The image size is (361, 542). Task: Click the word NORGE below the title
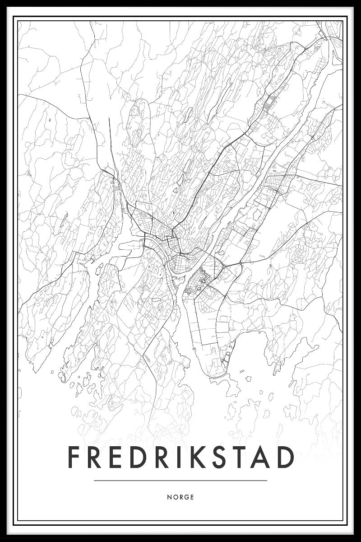pos(180,497)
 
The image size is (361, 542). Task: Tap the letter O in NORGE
pos(175,497)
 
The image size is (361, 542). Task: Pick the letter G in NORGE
pos(186,497)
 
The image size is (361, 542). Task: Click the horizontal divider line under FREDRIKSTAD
pos(180,481)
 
